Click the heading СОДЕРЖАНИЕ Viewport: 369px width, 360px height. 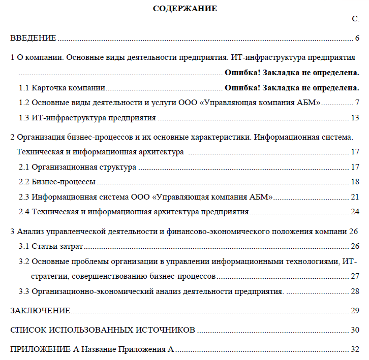pos(184,8)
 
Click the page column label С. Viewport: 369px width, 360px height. pos(356,19)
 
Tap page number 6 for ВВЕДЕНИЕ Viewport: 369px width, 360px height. pos(357,38)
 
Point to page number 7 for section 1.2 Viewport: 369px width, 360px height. pos(357,103)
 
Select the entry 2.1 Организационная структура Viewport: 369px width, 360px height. pos(77,167)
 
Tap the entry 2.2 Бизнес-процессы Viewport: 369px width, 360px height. pos(57,182)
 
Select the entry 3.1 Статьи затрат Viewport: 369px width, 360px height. pos(51,246)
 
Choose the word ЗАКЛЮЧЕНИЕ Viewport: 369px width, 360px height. pos(40,311)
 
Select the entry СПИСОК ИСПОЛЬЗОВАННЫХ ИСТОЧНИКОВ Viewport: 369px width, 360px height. pos(103,330)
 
